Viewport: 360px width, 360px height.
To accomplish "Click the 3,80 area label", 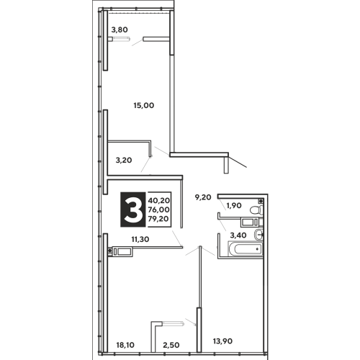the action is click(120, 30).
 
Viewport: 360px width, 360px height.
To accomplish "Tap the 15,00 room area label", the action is click(144, 105).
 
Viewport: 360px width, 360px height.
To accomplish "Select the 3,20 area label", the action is click(124, 160).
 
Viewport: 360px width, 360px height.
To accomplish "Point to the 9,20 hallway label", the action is click(203, 197).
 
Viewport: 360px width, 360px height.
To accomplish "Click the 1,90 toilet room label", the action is click(234, 206).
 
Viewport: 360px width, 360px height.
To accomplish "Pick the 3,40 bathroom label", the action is click(238, 235).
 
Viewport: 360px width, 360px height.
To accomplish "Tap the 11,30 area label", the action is click(140, 239).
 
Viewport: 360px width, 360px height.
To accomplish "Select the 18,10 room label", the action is click(125, 345).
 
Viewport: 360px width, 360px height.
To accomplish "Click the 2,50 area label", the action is click(171, 345).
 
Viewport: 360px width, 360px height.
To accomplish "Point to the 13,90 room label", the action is click(222, 341).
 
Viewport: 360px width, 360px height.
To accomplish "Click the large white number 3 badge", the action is click(133, 210).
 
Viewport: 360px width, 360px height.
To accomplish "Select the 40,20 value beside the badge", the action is click(159, 200).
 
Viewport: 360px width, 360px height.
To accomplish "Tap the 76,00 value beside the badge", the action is click(159, 210).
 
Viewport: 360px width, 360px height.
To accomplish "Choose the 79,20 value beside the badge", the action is click(158, 219).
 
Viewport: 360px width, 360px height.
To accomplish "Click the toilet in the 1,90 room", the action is click(256, 210).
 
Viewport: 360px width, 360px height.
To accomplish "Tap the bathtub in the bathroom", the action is click(246, 249).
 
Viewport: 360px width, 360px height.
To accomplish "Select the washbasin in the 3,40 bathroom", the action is click(258, 235).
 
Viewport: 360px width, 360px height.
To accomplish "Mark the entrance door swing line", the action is click(238, 161).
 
